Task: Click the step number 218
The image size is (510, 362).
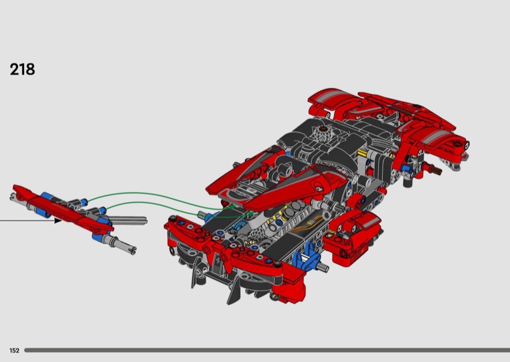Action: coord(22,69)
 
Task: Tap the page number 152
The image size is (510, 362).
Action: coord(14,351)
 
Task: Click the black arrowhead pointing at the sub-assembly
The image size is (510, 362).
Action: coord(57,221)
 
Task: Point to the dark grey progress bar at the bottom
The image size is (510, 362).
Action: coord(267,351)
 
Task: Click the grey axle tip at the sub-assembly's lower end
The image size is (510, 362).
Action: coord(132,250)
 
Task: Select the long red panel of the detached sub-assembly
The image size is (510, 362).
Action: coord(62,208)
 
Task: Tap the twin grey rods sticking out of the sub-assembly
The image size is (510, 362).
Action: coord(129,220)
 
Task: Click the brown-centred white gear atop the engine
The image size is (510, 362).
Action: coord(323,133)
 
